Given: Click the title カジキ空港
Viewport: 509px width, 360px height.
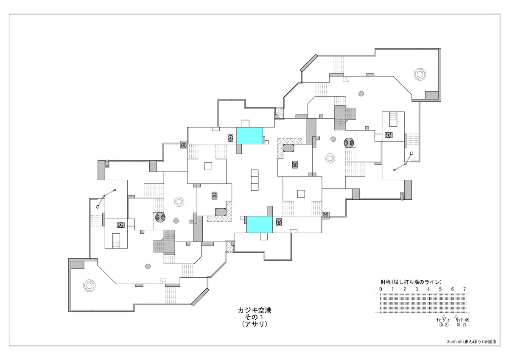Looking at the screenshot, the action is click(x=255, y=310).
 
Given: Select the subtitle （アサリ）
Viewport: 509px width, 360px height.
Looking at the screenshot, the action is click(x=255, y=324).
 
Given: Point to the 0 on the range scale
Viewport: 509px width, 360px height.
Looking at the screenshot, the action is click(x=380, y=289).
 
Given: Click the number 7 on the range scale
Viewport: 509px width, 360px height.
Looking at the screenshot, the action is click(x=464, y=289).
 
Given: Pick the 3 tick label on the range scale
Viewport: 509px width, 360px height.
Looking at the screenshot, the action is click(x=417, y=289).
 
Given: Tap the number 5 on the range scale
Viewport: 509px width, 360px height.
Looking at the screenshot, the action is click(x=440, y=289).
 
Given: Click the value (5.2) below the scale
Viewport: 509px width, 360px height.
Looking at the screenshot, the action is click(x=444, y=324).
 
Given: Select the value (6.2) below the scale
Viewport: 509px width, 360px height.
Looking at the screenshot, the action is click(x=461, y=324).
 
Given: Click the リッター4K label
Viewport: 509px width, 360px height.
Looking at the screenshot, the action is click(x=462, y=320).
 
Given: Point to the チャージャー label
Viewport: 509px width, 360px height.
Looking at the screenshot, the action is click(x=444, y=320).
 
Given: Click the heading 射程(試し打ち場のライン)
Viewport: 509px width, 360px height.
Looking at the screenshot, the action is click(x=411, y=282).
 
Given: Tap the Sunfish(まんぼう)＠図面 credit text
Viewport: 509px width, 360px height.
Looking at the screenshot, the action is click(x=472, y=348).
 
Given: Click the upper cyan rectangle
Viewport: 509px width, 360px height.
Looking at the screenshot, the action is click(x=250, y=136).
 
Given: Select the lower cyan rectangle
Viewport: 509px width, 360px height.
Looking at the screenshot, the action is click(x=260, y=224).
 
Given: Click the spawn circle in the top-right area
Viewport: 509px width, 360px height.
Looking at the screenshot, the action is click(x=420, y=74).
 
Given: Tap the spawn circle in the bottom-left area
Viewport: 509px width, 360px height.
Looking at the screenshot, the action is click(x=89, y=285).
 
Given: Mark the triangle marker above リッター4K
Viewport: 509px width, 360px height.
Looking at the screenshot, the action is click(x=456, y=316).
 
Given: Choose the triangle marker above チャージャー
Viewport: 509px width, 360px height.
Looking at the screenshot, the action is click(x=444, y=316).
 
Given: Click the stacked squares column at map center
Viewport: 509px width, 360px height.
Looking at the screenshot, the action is click(x=255, y=180).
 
